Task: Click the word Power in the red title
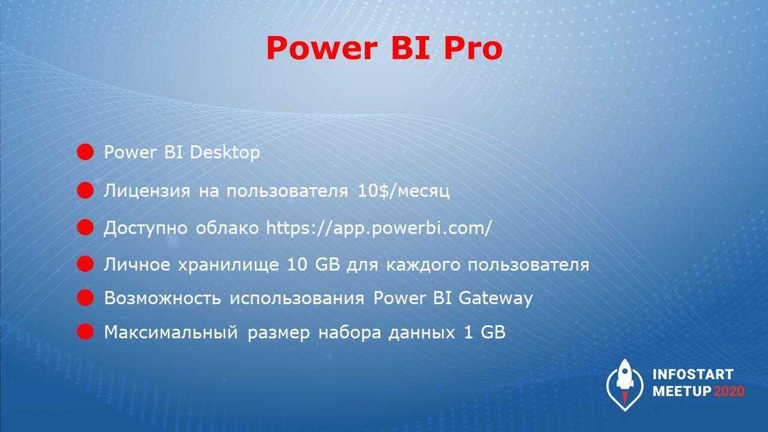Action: pos(322,49)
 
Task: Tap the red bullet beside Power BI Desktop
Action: pos(85,152)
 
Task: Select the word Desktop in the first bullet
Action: pos(225,152)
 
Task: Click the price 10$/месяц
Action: pos(403,191)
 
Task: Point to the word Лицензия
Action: pos(147,191)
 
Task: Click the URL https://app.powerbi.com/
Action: pos(379,229)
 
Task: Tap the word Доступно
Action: pos(146,229)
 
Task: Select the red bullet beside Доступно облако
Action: pos(85,227)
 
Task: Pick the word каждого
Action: pos(423,265)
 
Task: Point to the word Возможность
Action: pos(163,298)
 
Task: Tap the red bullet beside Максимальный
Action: pos(85,332)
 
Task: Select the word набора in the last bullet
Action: pos(350,332)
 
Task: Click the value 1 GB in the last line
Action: pos(484,332)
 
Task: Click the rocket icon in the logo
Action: pos(625,385)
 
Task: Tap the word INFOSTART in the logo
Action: pos(693,374)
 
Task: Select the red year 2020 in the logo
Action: pos(729,391)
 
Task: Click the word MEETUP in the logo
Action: pos(682,391)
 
